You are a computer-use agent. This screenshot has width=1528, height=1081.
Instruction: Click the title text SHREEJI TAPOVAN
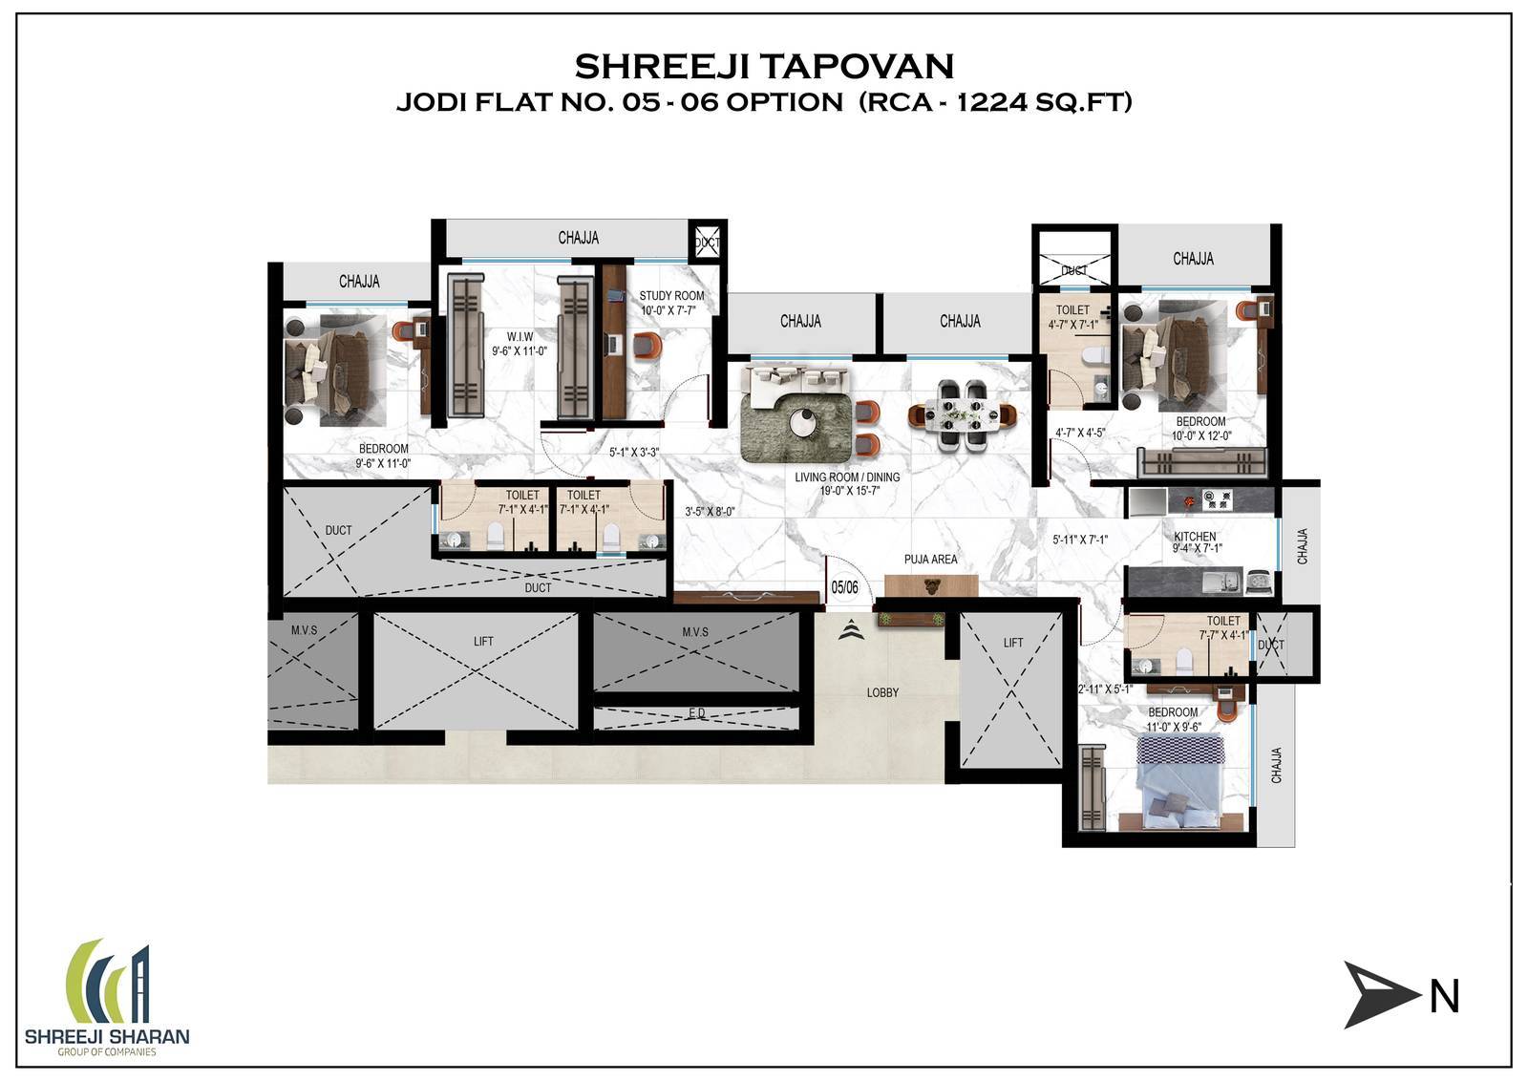tap(764, 66)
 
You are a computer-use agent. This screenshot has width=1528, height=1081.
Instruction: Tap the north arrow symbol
tap(1381, 995)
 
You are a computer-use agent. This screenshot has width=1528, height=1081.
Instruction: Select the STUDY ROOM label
tap(671, 296)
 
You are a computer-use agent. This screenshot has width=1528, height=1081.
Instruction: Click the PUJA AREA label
tap(930, 560)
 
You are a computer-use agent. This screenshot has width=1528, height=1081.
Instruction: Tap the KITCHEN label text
tap(1195, 537)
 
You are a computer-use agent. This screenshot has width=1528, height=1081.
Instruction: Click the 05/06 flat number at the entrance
tap(844, 588)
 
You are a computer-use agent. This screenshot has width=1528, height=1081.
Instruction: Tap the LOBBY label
tap(882, 692)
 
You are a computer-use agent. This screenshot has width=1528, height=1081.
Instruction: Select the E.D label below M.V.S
tap(696, 713)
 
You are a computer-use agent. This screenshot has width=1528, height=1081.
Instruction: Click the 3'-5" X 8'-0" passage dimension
tap(709, 512)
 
